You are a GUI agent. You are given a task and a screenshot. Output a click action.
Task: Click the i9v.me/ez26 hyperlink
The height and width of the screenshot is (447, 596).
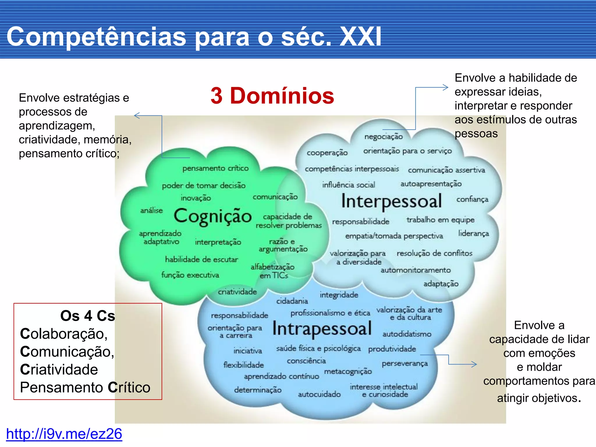point(64,434)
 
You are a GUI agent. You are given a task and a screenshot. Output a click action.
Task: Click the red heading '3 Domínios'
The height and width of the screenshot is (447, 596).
point(272,96)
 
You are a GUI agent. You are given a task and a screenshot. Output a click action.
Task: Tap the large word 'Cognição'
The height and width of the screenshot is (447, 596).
point(212,216)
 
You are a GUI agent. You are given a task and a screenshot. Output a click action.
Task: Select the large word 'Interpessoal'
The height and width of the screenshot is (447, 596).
point(391,201)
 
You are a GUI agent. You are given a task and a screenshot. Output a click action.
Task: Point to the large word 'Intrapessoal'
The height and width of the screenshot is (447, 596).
point(322,329)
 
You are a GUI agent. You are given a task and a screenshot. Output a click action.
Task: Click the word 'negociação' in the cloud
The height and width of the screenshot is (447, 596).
point(384,136)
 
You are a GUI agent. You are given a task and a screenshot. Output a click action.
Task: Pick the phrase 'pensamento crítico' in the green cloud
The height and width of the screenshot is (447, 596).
point(215,168)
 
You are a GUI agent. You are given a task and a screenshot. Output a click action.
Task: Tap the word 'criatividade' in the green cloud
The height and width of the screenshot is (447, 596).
point(237,292)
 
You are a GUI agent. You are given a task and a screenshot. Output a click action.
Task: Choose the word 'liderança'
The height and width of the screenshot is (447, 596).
point(473,233)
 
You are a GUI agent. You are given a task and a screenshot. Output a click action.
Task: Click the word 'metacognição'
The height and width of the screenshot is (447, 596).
point(348,371)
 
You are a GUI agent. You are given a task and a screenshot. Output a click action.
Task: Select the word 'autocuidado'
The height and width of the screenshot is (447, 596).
point(319,394)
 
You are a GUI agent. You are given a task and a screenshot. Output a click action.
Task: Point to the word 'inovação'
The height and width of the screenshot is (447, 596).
point(196,198)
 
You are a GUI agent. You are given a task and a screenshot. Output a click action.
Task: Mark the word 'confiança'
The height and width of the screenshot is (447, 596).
point(472,199)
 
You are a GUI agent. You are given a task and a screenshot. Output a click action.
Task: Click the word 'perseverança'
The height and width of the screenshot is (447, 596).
point(405,363)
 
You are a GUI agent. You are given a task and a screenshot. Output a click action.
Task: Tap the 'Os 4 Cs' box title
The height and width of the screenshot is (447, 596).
point(88,316)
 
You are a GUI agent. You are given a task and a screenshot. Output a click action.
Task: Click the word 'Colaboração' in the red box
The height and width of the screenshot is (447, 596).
point(64,334)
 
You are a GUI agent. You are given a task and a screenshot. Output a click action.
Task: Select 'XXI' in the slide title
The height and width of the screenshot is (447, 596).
point(360,37)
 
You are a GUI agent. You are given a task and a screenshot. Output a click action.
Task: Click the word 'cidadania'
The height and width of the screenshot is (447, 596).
point(292,301)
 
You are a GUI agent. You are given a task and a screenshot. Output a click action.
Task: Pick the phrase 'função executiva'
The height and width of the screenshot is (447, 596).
point(190,275)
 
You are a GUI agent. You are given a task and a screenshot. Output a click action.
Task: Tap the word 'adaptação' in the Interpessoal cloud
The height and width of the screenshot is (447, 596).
point(441,284)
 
